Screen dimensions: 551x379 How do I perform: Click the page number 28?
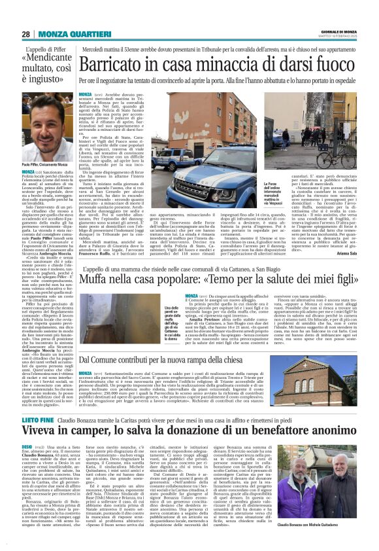(x=27, y=34)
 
